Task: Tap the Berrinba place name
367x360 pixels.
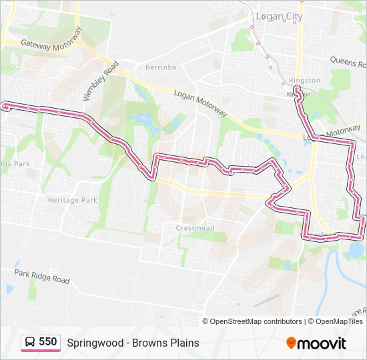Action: pyautogui.click(x=161, y=67)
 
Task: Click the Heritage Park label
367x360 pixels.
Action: pyautogui.click(x=72, y=200)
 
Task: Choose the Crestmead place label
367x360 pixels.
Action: pyautogui.click(x=195, y=227)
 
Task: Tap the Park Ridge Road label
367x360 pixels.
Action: pyautogui.click(x=42, y=276)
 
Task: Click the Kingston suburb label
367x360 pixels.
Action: pyautogui.click(x=306, y=81)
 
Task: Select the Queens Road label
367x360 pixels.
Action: pyautogui.click(x=348, y=62)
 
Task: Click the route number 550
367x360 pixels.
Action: pyautogui.click(x=47, y=342)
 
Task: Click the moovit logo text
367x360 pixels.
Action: pyautogui.click(x=322, y=343)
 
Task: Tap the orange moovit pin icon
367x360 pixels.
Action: pyautogui.click(x=292, y=343)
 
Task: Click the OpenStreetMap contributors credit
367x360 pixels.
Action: pyautogui.click(x=256, y=321)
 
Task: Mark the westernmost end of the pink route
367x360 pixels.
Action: pyautogui.click(x=5, y=105)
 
